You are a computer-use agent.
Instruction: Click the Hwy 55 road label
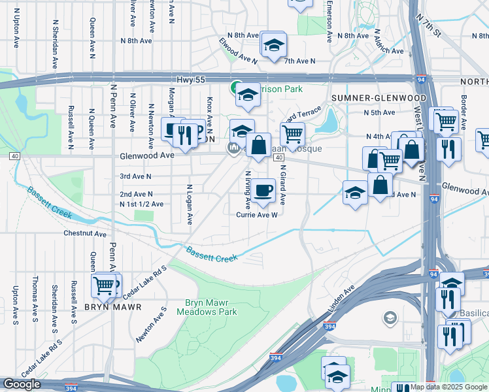[x=190, y=79]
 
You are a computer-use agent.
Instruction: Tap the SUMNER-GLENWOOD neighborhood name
[x=379, y=98]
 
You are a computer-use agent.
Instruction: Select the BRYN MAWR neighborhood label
[x=109, y=306]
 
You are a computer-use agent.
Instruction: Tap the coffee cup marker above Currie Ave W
[x=263, y=190]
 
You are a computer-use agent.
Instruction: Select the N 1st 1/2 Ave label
[x=141, y=204]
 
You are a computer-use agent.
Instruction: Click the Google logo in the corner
[x=22, y=384]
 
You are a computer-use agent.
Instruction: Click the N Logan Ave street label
[x=190, y=204]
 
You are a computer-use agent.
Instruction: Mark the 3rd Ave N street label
[x=135, y=176]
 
